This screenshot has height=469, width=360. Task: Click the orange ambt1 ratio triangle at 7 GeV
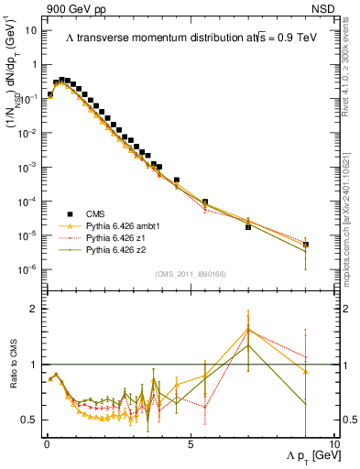coord(248,329)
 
